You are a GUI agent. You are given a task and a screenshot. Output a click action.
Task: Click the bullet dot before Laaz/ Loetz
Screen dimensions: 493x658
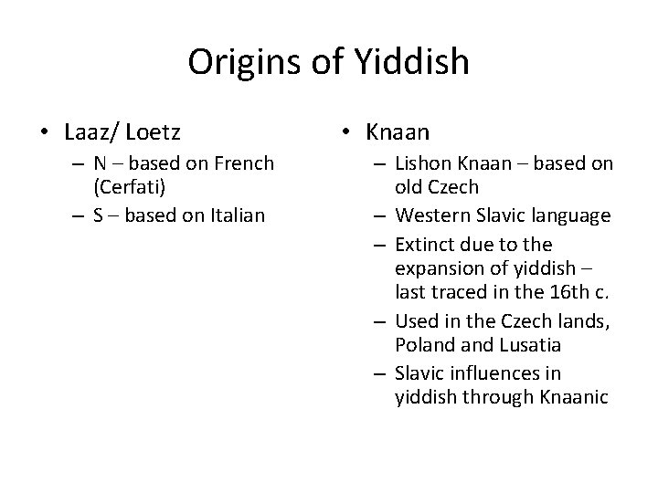(x=44, y=133)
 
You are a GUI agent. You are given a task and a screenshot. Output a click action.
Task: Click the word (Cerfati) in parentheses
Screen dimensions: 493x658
(x=128, y=188)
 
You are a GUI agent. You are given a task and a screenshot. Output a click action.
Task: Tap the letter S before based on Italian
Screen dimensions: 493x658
(x=98, y=215)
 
